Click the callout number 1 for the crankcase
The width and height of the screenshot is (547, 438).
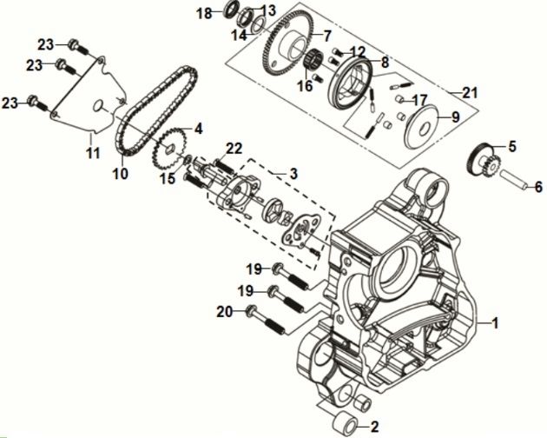[x=496, y=324]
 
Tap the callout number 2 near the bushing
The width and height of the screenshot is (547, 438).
[x=374, y=427]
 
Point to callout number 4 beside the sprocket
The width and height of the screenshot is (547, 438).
[x=198, y=129]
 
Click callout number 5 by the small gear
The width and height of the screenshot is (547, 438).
[x=511, y=146]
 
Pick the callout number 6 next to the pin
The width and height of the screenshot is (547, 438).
[x=537, y=187]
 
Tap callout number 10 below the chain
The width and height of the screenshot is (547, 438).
[x=119, y=173]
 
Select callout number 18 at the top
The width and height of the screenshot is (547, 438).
[x=203, y=13]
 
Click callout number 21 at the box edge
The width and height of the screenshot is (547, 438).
[x=470, y=93]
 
